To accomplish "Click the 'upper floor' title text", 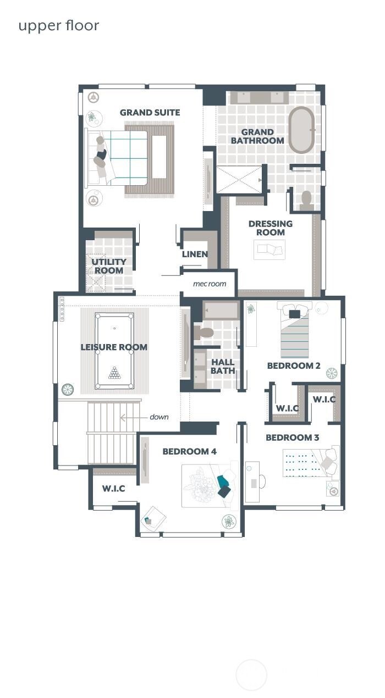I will [x=58, y=26].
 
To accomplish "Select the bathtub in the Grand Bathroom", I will [x=302, y=130].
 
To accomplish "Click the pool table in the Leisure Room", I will [x=114, y=351].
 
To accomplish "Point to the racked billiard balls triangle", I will [x=114, y=373].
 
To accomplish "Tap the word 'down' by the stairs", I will [x=159, y=417].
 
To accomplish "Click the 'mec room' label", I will [x=209, y=284].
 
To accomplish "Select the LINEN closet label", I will [x=195, y=254].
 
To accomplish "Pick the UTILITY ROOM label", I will [x=109, y=266].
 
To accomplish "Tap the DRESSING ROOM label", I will [x=270, y=228].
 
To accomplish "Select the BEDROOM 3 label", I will [x=292, y=438].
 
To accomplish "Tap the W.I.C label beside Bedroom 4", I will [x=113, y=489].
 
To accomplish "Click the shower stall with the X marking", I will [x=239, y=179].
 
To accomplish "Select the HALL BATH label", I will [x=222, y=367].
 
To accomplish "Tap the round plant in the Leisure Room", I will [x=68, y=390].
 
